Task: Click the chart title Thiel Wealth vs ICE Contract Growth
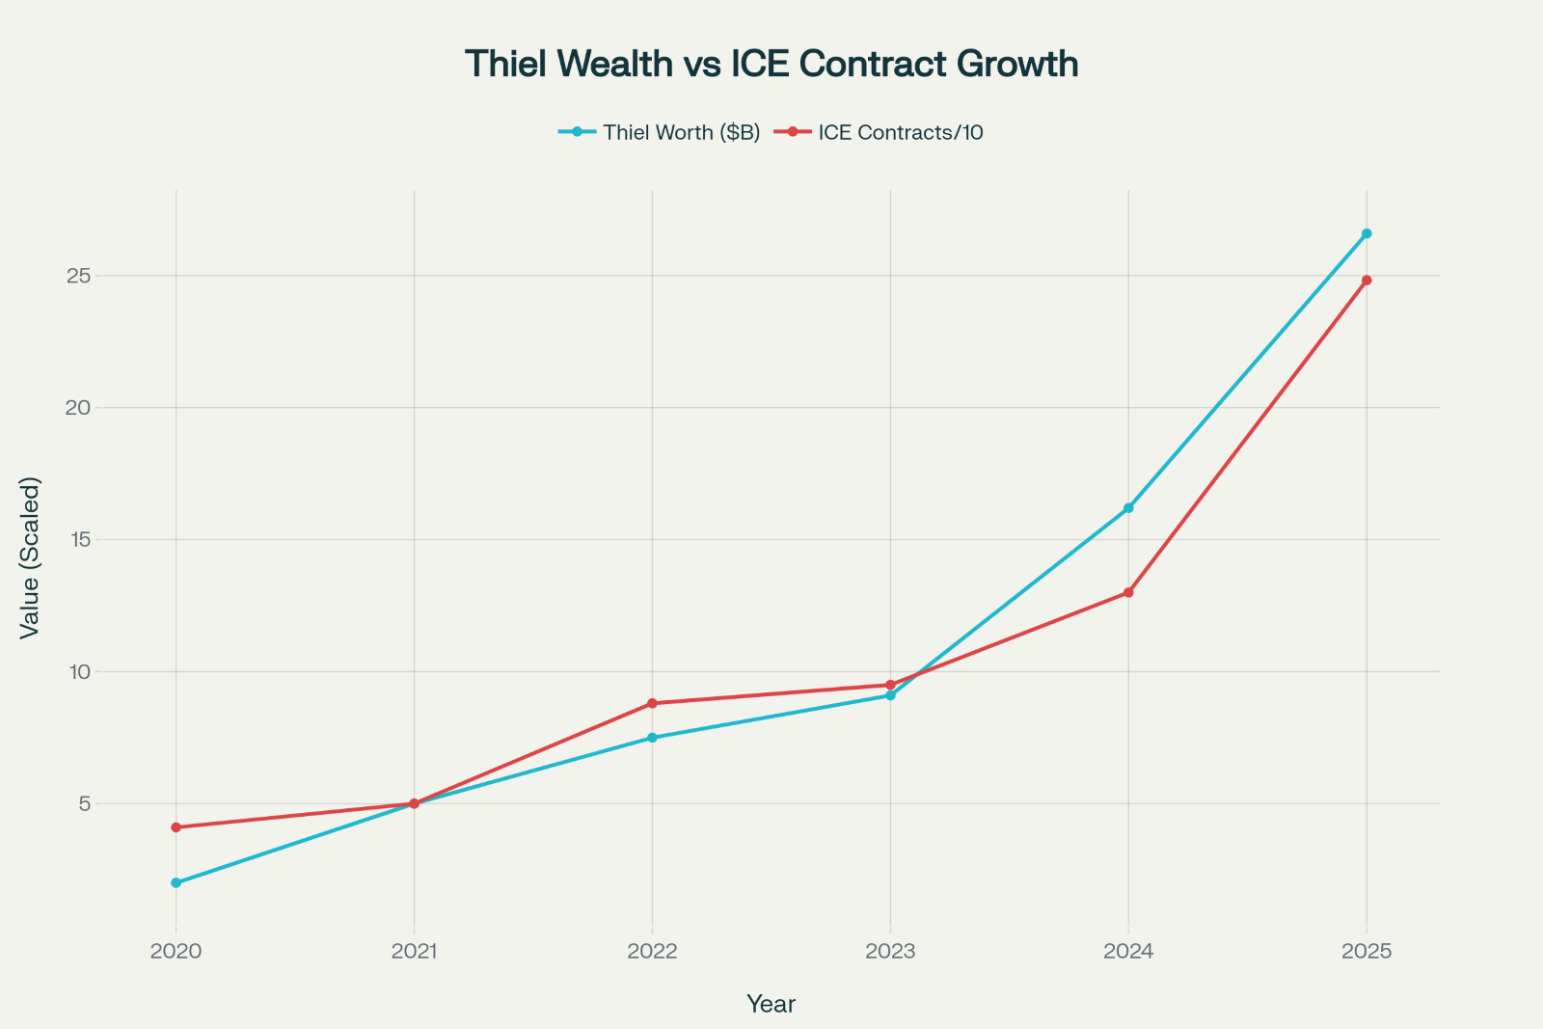click(x=771, y=64)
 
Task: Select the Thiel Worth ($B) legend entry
click(x=681, y=132)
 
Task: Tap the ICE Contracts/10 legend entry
click(x=900, y=132)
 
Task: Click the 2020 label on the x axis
click(x=176, y=952)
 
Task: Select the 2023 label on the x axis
click(x=890, y=952)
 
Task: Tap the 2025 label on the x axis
click(x=1367, y=952)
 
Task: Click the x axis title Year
click(x=771, y=1004)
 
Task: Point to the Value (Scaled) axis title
click(x=30, y=556)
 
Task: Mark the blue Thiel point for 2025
click(x=1367, y=233)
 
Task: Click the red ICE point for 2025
click(x=1367, y=281)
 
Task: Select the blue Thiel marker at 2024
click(x=1128, y=508)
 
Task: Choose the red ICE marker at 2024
click(x=1128, y=592)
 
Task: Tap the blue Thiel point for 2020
click(x=176, y=882)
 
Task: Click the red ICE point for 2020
click(x=176, y=827)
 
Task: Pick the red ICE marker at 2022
click(x=652, y=703)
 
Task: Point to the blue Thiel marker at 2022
click(x=652, y=738)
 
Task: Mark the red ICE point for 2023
click(x=890, y=685)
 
